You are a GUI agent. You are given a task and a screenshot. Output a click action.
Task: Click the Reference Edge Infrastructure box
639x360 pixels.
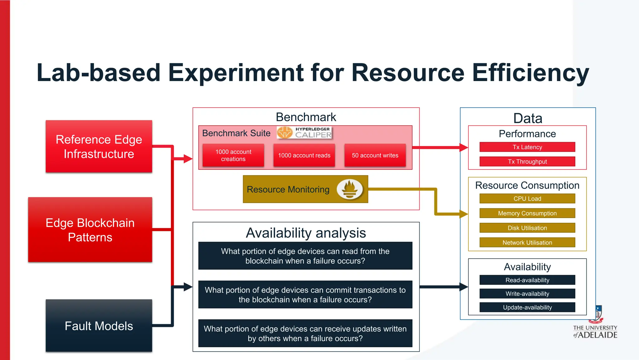click(99, 146)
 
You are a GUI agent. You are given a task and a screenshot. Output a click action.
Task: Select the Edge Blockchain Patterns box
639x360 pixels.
click(90, 230)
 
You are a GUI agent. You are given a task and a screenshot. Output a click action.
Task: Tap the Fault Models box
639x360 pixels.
click(99, 326)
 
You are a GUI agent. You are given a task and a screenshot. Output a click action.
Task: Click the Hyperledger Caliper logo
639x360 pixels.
click(305, 133)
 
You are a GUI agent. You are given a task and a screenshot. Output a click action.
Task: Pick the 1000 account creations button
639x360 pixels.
click(233, 155)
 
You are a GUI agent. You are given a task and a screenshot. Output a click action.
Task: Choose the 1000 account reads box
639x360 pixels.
click(304, 155)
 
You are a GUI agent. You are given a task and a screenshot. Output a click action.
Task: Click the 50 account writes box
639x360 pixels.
click(375, 155)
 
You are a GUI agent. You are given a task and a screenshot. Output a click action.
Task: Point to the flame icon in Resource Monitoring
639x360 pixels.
click(349, 189)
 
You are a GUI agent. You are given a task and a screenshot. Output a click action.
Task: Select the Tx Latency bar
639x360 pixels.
click(527, 147)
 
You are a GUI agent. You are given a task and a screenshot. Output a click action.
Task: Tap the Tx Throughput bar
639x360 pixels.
click(527, 162)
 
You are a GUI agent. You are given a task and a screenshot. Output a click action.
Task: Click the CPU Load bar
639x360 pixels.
click(527, 199)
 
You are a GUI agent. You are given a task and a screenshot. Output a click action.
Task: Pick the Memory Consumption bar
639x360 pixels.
click(527, 213)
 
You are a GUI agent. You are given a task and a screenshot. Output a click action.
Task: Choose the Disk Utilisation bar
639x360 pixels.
click(527, 228)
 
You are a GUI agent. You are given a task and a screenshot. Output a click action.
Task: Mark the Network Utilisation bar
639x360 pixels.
click(527, 242)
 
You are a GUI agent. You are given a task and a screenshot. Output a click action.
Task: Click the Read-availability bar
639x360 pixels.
click(527, 280)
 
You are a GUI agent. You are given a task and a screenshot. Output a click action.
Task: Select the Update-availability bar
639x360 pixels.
click(527, 307)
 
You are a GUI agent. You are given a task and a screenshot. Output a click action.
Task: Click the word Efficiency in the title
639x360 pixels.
click(530, 73)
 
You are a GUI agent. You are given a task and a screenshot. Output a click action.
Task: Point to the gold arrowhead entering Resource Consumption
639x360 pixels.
click(464, 214)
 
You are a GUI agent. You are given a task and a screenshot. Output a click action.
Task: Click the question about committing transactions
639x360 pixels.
click(305, 294)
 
